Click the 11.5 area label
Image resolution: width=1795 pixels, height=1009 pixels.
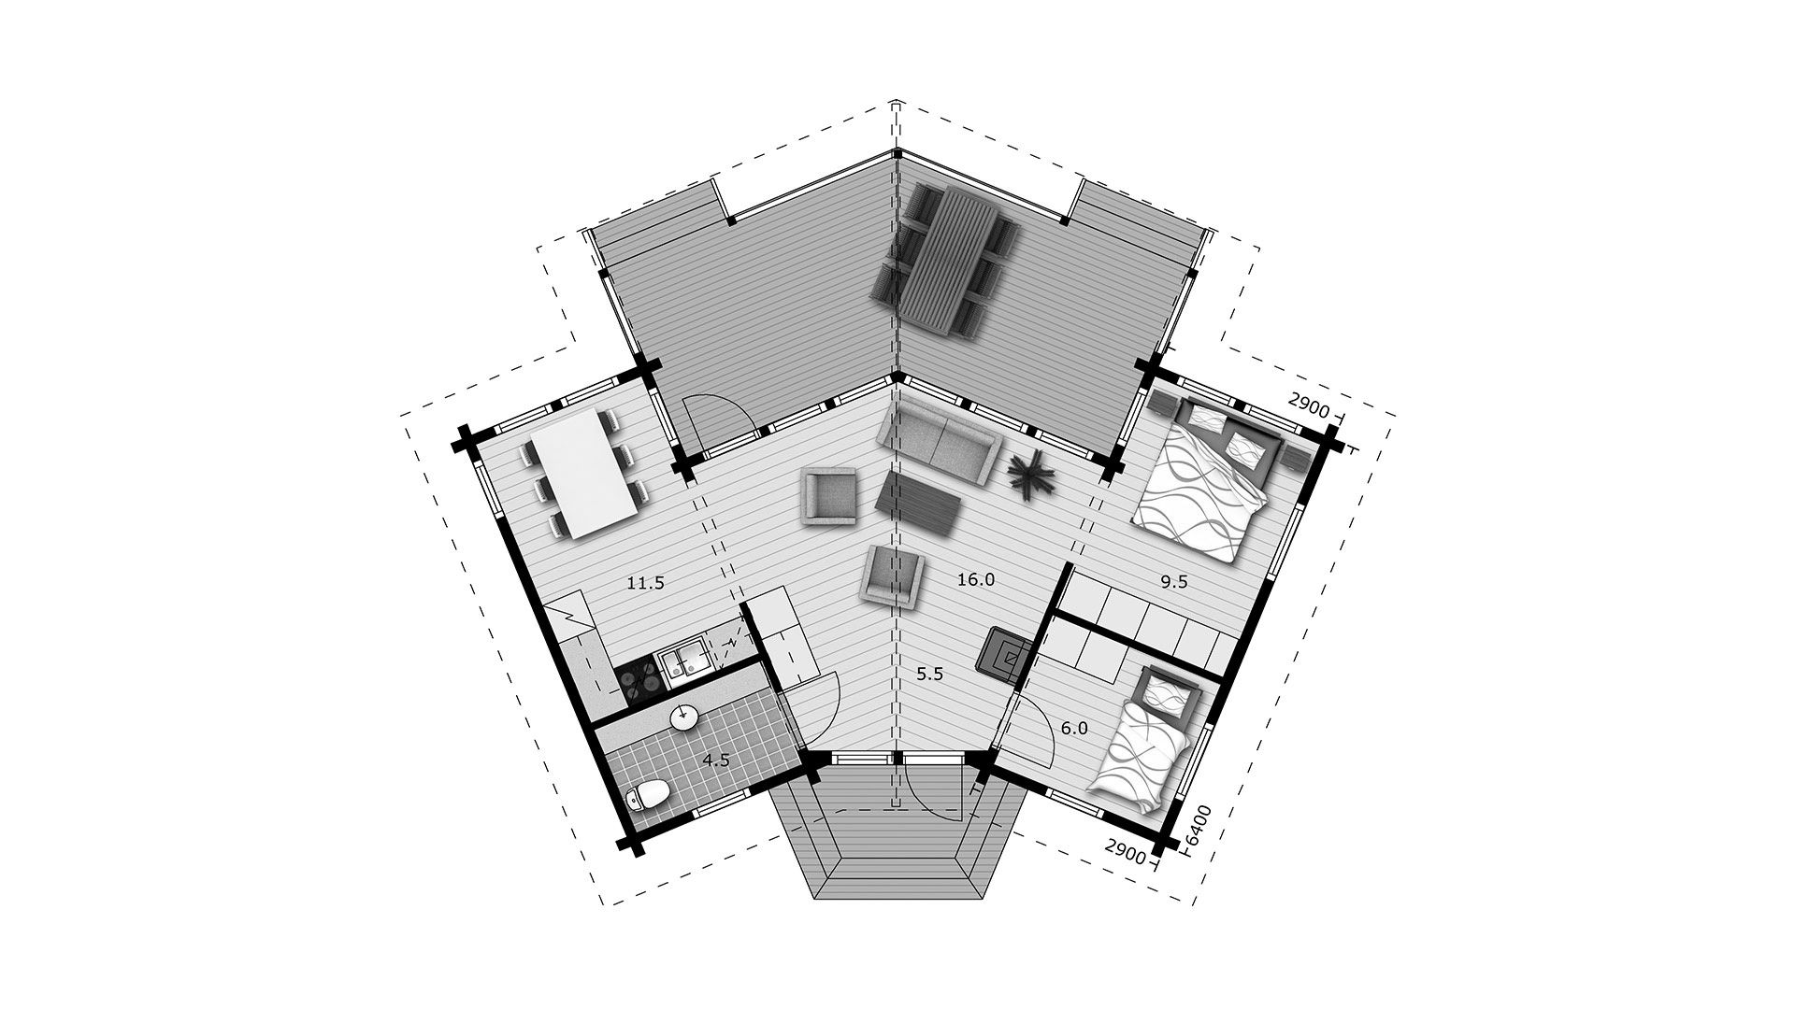645,584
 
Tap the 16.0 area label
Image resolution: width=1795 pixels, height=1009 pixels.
976,580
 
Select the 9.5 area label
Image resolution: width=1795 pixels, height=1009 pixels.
1174,581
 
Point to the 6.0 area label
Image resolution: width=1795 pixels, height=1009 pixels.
1075,729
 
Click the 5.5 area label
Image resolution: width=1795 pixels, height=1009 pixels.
929,674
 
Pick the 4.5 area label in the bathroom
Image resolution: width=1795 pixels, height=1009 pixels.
716,760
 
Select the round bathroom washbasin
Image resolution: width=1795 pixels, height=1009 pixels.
683,717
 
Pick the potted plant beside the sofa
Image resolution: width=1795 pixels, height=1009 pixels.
1032,475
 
